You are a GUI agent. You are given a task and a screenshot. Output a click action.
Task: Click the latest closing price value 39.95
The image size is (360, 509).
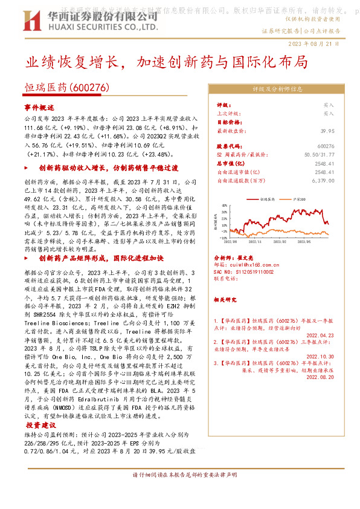327,130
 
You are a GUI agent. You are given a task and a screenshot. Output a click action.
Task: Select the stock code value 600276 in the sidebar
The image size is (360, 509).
326,146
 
